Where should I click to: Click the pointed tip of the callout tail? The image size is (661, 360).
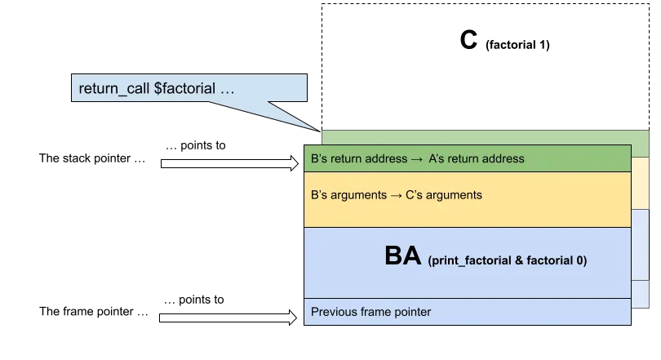tap(319, 129)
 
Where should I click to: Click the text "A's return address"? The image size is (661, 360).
tap(477, 158)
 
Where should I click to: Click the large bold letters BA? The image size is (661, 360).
tap(403, 257)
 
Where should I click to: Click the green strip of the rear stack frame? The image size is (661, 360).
tap(641, 140)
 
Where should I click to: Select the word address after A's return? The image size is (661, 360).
tap(504, 158)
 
